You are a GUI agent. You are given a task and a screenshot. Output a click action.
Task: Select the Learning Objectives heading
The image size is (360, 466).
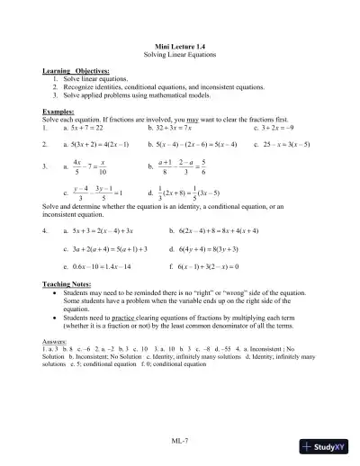tap(76, 69)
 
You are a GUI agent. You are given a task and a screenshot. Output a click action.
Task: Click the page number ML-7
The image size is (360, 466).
tap(179, 443)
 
